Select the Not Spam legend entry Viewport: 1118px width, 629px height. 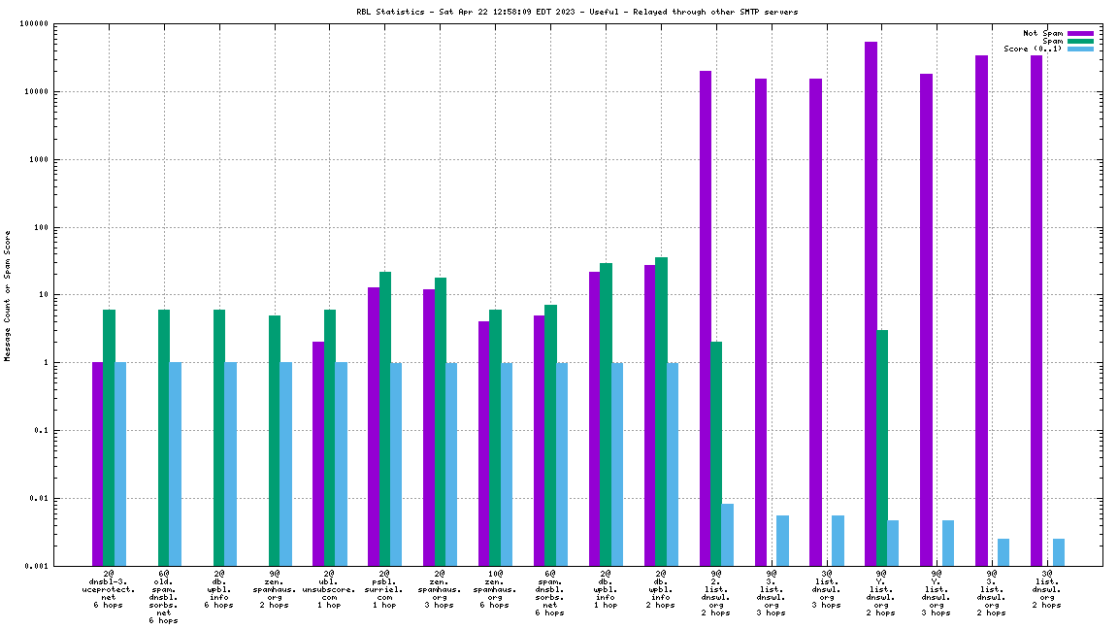[1043, 33]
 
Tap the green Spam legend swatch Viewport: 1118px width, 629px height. [1080, 41]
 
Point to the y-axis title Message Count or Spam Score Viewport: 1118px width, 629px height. [8, 296]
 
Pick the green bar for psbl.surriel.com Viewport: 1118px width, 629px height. [385, 418]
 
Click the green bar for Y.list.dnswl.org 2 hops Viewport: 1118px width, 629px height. [882, 447]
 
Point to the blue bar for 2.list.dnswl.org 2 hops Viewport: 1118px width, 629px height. [728, 535]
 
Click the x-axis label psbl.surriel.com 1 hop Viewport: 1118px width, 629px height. [384, 588]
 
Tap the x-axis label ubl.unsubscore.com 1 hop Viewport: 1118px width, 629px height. [329, 588]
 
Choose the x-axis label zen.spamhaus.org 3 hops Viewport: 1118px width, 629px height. [440, 588]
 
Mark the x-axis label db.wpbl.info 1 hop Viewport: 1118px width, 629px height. [606, 588]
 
